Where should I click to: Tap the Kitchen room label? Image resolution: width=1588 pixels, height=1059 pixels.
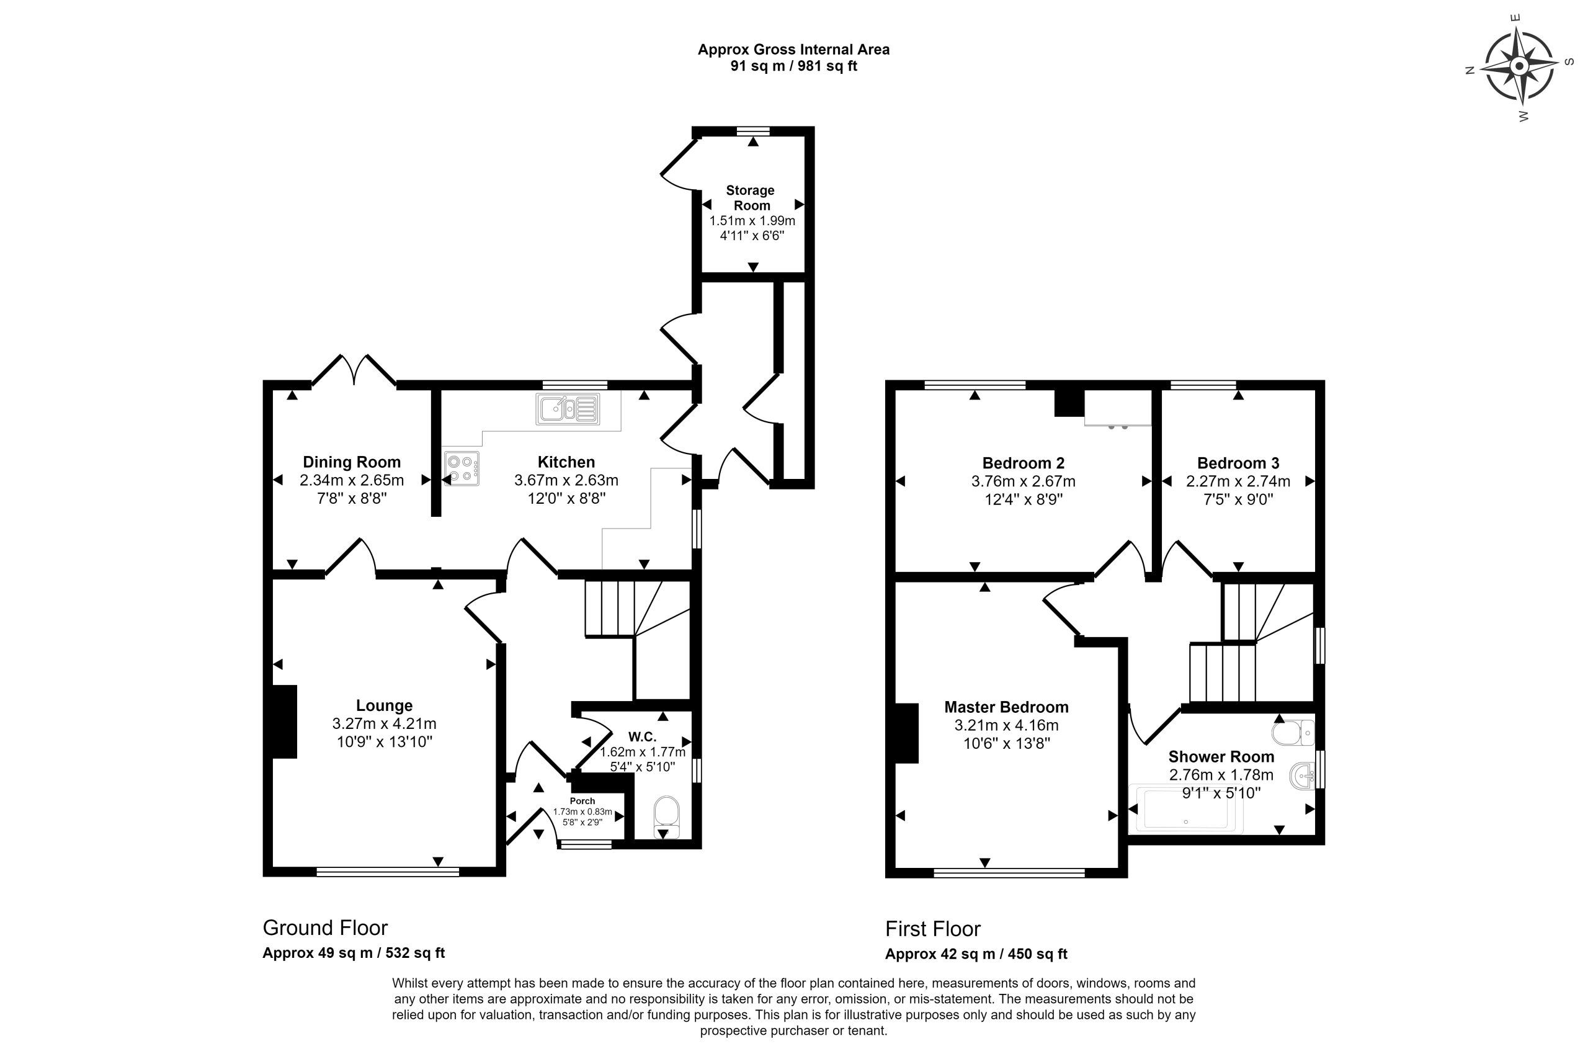coord(566,462)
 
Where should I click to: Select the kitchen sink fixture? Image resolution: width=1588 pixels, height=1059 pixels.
coord(568,409)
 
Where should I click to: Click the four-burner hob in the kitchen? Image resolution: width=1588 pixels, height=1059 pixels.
coord(461,468)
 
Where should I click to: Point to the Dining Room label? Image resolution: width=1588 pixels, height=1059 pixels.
coord(351,462)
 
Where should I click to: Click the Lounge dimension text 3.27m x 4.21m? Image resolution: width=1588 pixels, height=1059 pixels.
coord(384,723)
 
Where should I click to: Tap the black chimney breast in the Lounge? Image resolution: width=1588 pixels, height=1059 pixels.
coord(284,722)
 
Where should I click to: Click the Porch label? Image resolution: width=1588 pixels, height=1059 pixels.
coord(582,801)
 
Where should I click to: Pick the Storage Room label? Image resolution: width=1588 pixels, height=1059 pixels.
coord(751,198)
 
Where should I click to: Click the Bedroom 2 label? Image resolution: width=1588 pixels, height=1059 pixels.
coord(1023,463)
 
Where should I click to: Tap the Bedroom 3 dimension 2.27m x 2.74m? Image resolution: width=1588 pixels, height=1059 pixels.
coord(1238,481)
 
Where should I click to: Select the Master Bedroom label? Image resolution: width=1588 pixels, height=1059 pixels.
coord(1006,707)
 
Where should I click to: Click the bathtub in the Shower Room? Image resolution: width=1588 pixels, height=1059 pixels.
coord(1185,808)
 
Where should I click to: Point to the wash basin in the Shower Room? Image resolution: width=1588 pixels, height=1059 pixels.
coord(1302,775)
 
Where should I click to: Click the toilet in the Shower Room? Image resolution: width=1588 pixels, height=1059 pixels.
coord(1293,732)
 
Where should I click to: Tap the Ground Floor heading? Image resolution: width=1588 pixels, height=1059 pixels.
coord(325,927)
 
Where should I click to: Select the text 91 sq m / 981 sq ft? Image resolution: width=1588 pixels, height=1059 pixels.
coord(793,66)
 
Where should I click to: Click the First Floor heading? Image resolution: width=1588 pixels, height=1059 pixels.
coord(932,929)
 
